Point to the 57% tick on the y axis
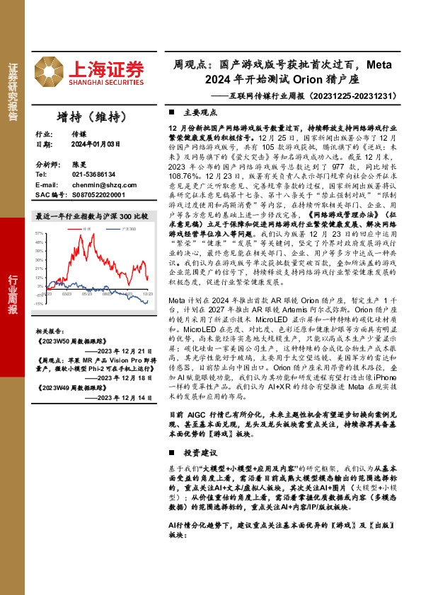pos(39,232)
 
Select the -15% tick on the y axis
pos(38,304)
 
